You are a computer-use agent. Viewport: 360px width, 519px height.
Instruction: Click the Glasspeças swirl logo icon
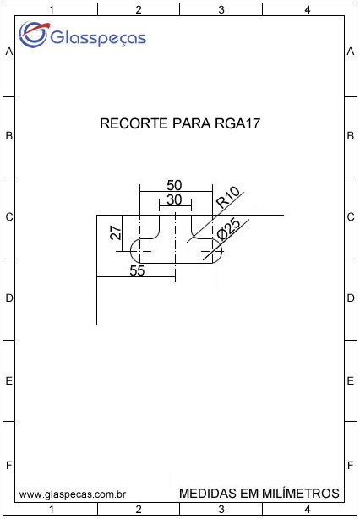click(x=33, y=34)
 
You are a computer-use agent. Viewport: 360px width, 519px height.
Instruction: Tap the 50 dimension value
click(x=174, y=185)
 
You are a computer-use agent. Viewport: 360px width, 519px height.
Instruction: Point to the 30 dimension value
click(x=174, y=200)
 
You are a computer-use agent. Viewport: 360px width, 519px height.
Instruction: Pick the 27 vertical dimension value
click(x=116, y=233)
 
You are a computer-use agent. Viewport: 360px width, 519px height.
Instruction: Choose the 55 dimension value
click(x=137, y=270)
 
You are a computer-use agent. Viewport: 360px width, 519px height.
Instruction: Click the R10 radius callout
click(x=227, y=198)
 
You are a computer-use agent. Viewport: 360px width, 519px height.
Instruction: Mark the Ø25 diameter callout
click(x=230, y=230)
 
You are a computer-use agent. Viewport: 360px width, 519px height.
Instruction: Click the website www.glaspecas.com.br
click(x=72, y=494)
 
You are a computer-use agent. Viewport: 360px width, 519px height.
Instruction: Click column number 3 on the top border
click(x=221, y=10)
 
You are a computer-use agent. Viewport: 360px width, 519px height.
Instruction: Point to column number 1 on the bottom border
click(x=52, y=509)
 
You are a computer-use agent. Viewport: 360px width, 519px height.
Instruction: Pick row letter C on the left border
click(x=9, y=217)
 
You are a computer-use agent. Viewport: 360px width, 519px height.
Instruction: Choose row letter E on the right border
click(x=351, y=381)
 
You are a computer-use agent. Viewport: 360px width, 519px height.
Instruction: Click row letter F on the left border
click(x=9, y=466)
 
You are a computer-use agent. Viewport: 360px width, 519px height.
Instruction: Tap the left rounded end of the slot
click(x=131, y=251)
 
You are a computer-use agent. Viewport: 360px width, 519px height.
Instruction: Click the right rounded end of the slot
click(x=221, y=251)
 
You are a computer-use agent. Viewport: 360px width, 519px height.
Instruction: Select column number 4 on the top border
click(x=307, y=10)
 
